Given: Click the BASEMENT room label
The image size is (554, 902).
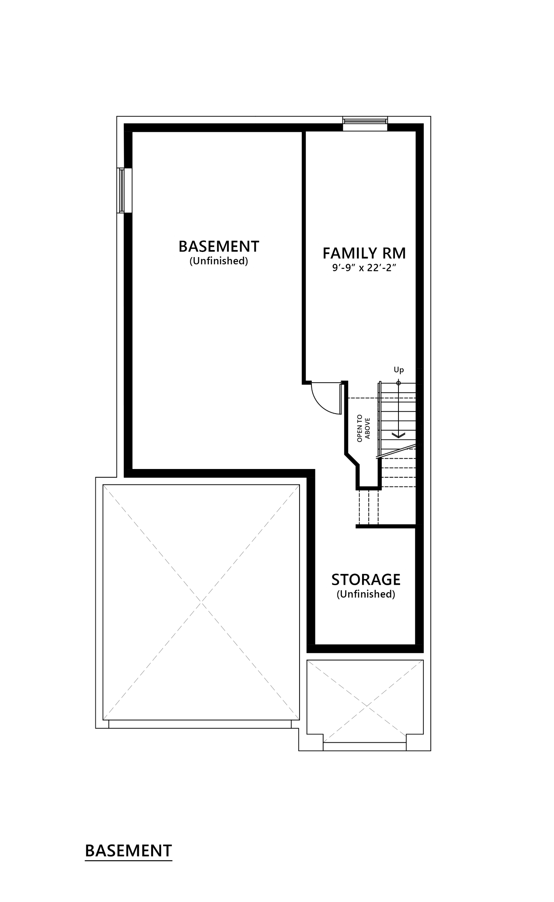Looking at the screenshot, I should (219, 246).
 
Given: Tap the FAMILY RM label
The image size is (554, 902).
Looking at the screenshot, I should (364, 253).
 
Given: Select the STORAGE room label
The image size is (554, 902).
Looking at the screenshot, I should (366, 580).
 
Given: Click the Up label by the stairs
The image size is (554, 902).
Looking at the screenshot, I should (398, 370).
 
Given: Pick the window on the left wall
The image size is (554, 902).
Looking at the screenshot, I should (121, 191).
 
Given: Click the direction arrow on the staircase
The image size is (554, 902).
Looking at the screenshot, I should (398, 435).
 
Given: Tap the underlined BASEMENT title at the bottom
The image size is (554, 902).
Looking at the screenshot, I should (129, 851).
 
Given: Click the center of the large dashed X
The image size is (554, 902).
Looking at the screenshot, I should (201, 602).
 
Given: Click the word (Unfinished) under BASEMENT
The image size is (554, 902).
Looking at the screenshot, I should (219, 261).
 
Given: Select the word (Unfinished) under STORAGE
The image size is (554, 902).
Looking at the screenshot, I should (366, 594).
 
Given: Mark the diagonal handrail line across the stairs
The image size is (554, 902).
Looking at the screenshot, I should (396, 452).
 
